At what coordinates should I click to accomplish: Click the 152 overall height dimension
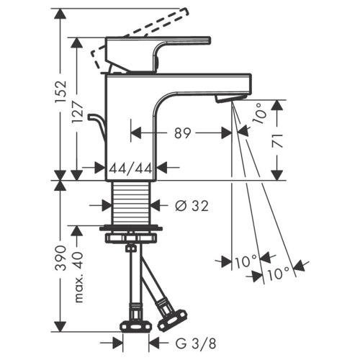tap(61, 94)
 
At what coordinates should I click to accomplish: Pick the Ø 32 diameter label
tap(191, 206)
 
